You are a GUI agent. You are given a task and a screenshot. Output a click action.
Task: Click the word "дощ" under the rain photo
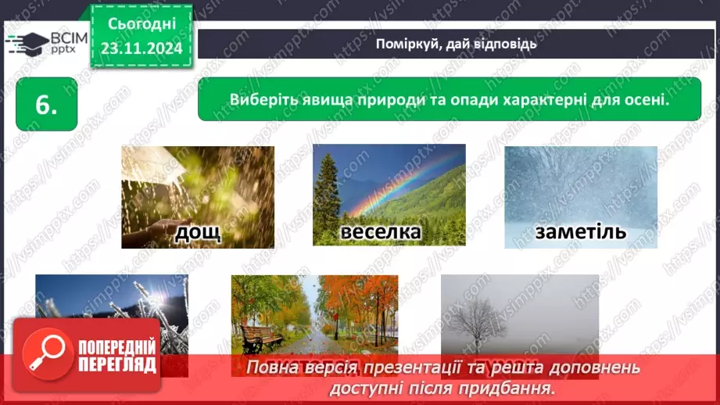(198, 231)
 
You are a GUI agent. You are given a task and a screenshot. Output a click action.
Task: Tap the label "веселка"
(381, 232)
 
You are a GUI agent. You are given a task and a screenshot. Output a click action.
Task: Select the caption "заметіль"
(581, 231)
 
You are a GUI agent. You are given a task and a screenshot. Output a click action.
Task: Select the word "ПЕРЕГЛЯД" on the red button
(115, 365)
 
